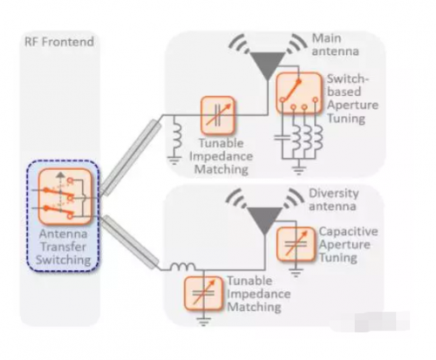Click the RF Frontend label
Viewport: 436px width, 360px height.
pyautogui.click(x=59, y=42)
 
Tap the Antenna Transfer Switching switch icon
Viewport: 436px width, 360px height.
pyautogui.click(x=65, y=196)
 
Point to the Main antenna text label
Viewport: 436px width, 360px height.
pyautogui.click(x=335, y=44)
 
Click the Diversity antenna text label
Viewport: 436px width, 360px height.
pyautogui.click(x=333, y=200)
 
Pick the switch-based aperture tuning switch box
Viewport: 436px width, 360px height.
pyautogui.click(x=299, y=93)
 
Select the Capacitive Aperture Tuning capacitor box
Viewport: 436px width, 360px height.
pyautogui.click(x=296, y=244)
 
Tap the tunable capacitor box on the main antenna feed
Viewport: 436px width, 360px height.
pyautogui.click(x=218, y=115)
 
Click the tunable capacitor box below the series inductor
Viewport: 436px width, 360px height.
pyautogui.click(x=203, y=294)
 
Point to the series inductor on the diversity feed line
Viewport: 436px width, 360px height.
pyautogui.click(x=182, y=267)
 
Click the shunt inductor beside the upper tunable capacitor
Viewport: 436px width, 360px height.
pyautogui.click(x=176, y=136)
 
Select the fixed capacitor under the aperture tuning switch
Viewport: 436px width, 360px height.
pyautogui.click(x=282, y=137)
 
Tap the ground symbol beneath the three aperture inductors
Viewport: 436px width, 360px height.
pyautogui.click(x=299, y=169)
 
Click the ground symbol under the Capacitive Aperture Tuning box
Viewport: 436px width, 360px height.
pyautogui.click(x=296, y=273)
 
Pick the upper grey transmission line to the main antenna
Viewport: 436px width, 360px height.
pyautogui.click(x=131, y=158)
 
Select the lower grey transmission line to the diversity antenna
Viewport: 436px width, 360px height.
pyautogui.click(x=131, y=242)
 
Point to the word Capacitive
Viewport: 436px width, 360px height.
pyautogui.click(x=349, y=232)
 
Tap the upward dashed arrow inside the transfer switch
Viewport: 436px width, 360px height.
pyautogui.click(x=60, y=191)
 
